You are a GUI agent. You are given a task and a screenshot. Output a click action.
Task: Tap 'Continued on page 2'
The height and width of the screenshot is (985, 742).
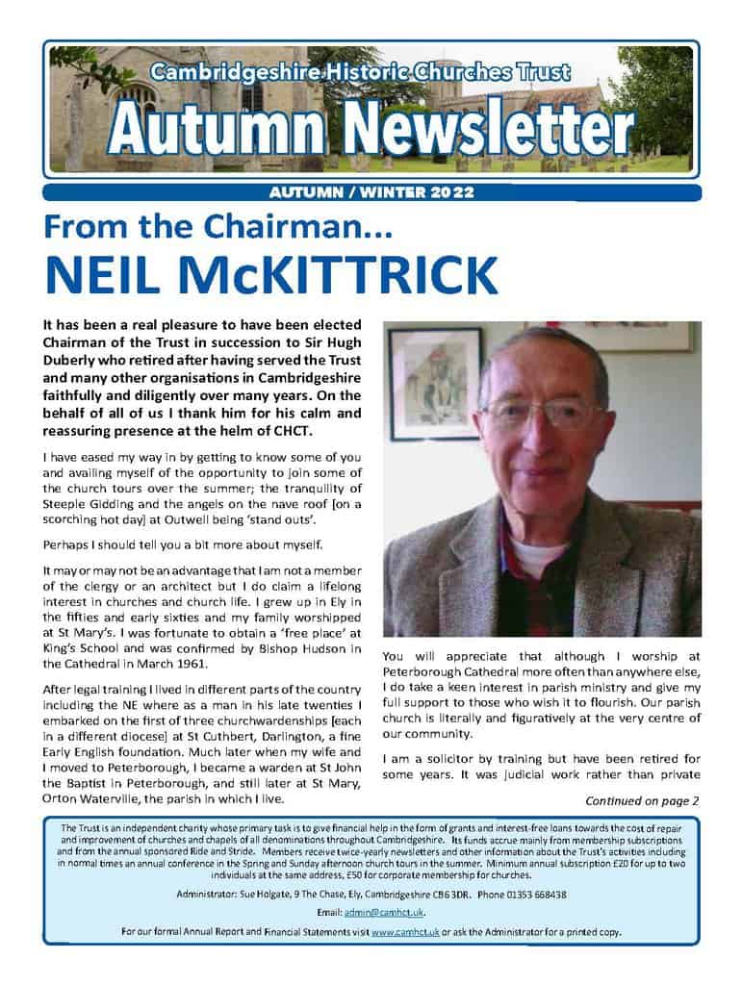[x=641, y=799]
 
